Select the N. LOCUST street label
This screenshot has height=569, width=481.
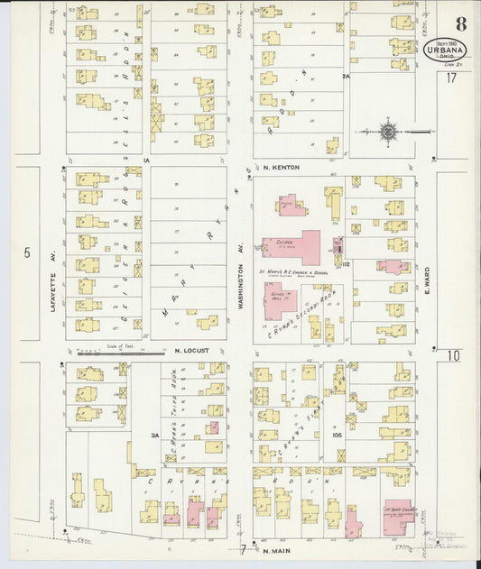191,350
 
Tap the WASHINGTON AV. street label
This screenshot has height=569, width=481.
241,280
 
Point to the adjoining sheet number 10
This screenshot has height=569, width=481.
452,355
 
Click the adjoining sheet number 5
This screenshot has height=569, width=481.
27,252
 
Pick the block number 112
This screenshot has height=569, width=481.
346,264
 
